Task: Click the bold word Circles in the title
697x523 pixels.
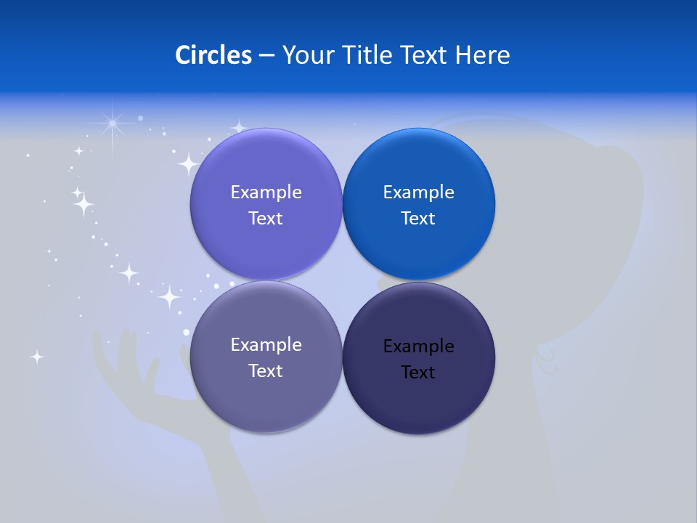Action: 213,55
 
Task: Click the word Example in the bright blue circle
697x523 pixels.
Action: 418,192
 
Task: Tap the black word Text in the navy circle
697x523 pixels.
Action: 418,373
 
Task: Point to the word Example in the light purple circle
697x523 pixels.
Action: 266,192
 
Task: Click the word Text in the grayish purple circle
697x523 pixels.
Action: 266,371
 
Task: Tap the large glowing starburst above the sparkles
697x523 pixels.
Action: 113,124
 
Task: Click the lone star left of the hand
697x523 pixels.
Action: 36,357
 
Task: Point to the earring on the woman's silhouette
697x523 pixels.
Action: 547,354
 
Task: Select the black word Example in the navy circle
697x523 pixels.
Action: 418,346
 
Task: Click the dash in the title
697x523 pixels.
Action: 266,56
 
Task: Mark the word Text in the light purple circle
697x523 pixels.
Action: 266,219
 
